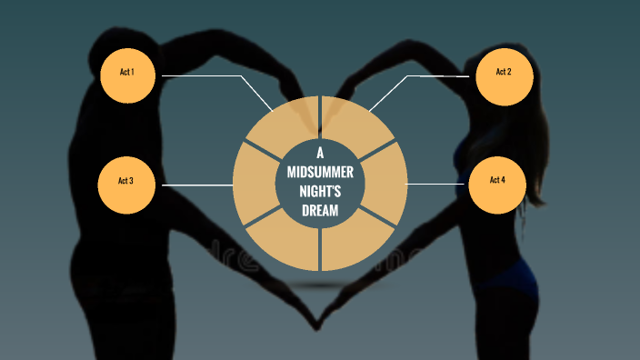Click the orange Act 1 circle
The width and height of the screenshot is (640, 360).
click(126, 73)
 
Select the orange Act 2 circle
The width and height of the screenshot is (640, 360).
click(503, 73)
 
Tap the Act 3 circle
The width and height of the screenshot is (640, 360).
click(126, 182)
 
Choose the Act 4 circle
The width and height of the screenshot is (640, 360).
click(497, 181)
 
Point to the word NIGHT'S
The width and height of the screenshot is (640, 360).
click(320, 190)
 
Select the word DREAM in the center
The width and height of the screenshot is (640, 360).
click(320, 211)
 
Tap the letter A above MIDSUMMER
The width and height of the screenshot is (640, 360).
click(320, 151)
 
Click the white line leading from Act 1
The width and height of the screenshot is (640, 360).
click(209, 76)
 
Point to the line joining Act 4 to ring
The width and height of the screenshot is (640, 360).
click(436, 184)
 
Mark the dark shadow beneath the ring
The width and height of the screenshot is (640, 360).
click(320, 285)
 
